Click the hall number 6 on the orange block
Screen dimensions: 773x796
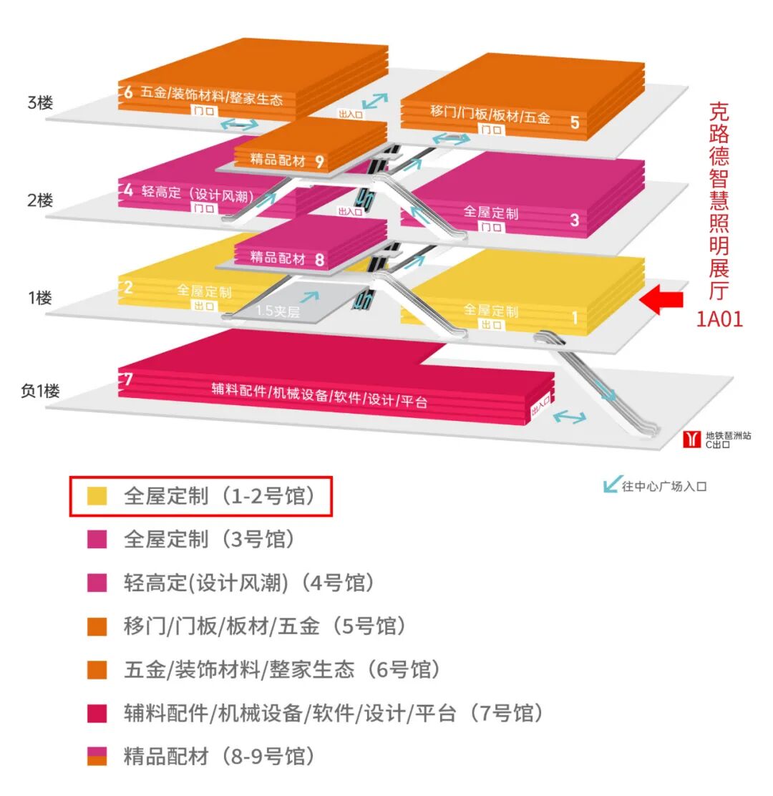pyautogui.click(x=128, y=92)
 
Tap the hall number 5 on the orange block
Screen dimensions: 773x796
pyautogui.click(x=574, y=122)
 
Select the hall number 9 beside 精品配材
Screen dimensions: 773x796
pyautogui.click(x=319, y=161)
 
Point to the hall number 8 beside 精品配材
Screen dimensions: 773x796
pyautogui.click(x=319, y=259)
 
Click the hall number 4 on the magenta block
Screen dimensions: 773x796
pyautogui.click(x=128, y=191)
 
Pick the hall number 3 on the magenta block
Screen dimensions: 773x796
pyautogui.click(x=574, y=220)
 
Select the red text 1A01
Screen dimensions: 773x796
pyautogui.click(x=719, y=319)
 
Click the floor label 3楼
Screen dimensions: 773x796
pyautogui.click(x=40, y=102)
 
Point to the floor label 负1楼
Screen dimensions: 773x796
pyautogui.click(x=40, y=392)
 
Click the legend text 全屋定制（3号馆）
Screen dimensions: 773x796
pyautogui.click(x=209, y=539)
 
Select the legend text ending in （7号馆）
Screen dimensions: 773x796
pyautogui.click(x=334, y=713)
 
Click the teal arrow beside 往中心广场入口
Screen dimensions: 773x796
pyautogui.click(x=611, y=485)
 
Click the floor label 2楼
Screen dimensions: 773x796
pyautogui.click(x=40, y=200)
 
